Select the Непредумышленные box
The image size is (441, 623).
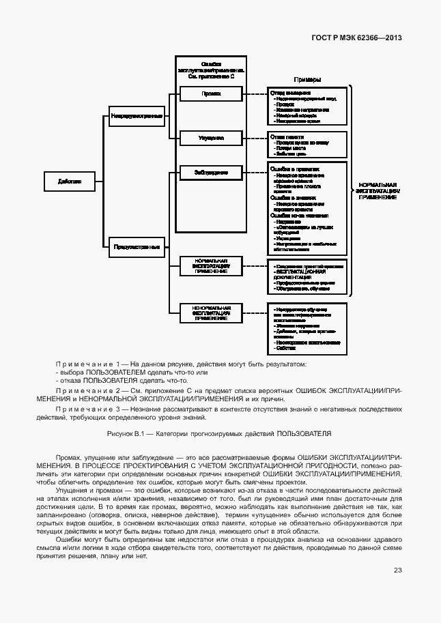click(137, 116)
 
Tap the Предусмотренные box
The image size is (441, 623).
click(137, 246)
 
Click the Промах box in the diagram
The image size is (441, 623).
click(211, 94)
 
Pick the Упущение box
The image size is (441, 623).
click(211, 138)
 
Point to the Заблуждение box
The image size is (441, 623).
click(211, 173)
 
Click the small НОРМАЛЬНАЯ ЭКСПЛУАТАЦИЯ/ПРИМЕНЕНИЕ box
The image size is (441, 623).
click(211, 266)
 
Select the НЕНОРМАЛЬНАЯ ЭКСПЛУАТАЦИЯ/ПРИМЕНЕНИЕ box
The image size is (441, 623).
click(211, 313)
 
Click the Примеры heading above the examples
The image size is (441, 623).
click(307, 79)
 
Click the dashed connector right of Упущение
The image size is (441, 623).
click(255, 138)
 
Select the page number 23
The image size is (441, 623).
click(397, 570)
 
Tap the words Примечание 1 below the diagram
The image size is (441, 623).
click(89, 364)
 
